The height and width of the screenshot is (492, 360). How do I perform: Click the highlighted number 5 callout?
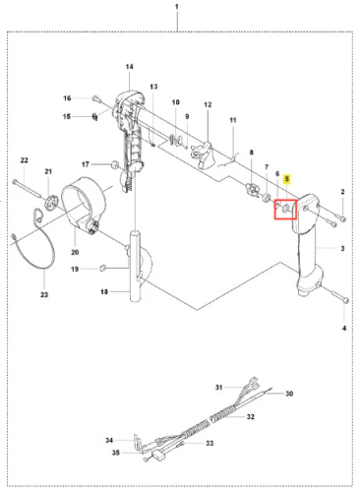(x=287, y=179)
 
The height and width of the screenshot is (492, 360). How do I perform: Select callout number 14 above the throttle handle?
(x=130, y=67)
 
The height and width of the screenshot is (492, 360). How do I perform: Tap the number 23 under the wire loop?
(x=44, y=294)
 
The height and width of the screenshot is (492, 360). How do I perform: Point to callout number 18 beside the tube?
(x=104, y=291)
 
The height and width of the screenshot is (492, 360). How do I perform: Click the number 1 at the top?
(x=177, y=7)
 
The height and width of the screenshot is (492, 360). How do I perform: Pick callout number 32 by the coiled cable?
(x=251, y=416)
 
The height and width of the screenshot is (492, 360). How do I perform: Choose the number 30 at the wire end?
(x=289, y=394)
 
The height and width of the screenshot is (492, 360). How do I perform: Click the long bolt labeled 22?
(x=28, y=189)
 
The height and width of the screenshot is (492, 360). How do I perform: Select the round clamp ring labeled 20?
(x=84, y=204)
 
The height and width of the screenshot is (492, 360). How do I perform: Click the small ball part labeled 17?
(x=115, y=164)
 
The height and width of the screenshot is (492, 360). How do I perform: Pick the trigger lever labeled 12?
(x=204, y=155)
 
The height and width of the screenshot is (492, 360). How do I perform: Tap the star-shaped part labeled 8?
(x=252, y=190)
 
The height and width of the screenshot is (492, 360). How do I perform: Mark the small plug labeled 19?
(x=102, y=269)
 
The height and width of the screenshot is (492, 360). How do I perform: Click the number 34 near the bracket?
(x=109, y=440)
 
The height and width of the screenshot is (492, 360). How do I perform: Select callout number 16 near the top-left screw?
(x=67, y=98)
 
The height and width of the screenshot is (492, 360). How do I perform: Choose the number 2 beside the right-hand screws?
(x=342, y=192)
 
